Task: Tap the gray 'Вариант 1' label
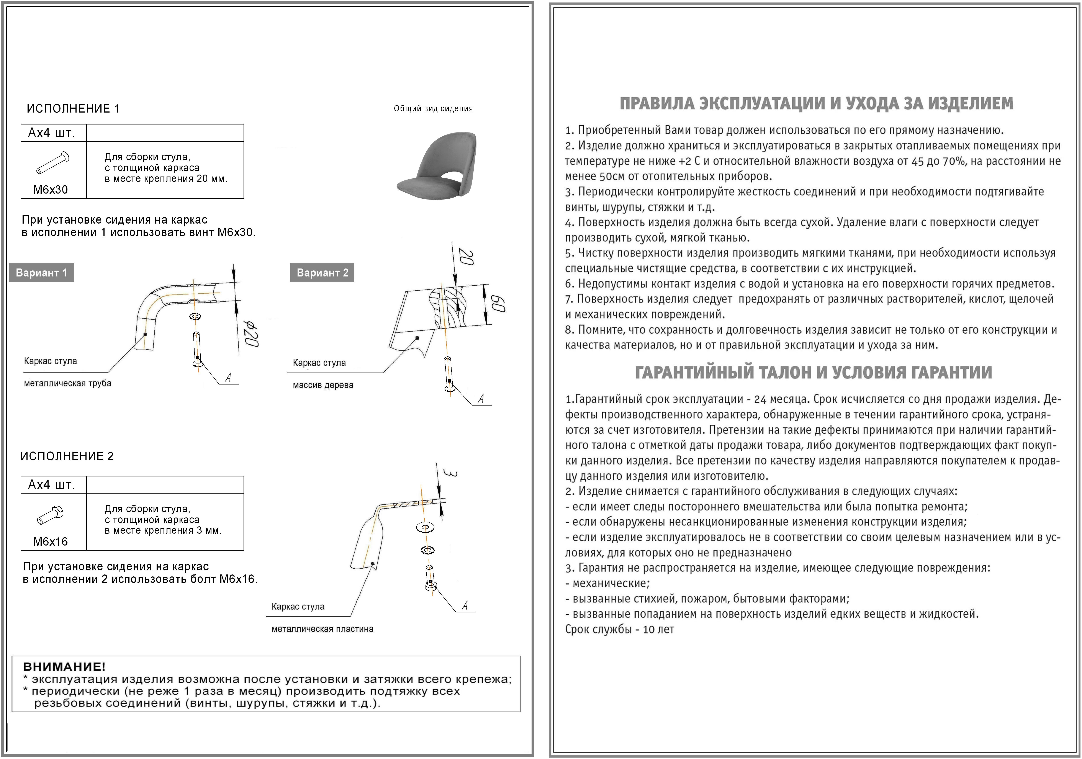(41, 273)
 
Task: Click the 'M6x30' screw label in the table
(51, 190)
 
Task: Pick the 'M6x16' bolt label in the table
(51, 542)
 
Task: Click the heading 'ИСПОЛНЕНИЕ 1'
(73, 109)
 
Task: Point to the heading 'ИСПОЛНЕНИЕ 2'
(67, 456)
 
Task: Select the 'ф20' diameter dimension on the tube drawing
(251, 335)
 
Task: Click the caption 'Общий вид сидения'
(433, 109)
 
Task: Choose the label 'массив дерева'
(323, 385)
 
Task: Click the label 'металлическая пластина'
(322, 629)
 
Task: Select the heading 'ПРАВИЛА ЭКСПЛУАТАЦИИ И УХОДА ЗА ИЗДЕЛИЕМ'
(816, 104)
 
